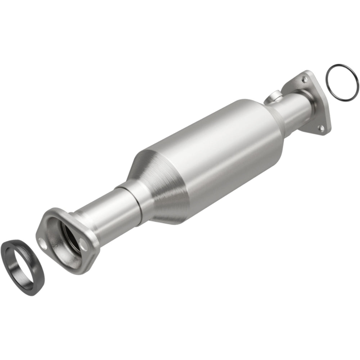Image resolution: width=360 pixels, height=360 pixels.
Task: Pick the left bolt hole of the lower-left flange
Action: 44,246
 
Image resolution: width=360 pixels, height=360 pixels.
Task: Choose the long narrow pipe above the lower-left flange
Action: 97,216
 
